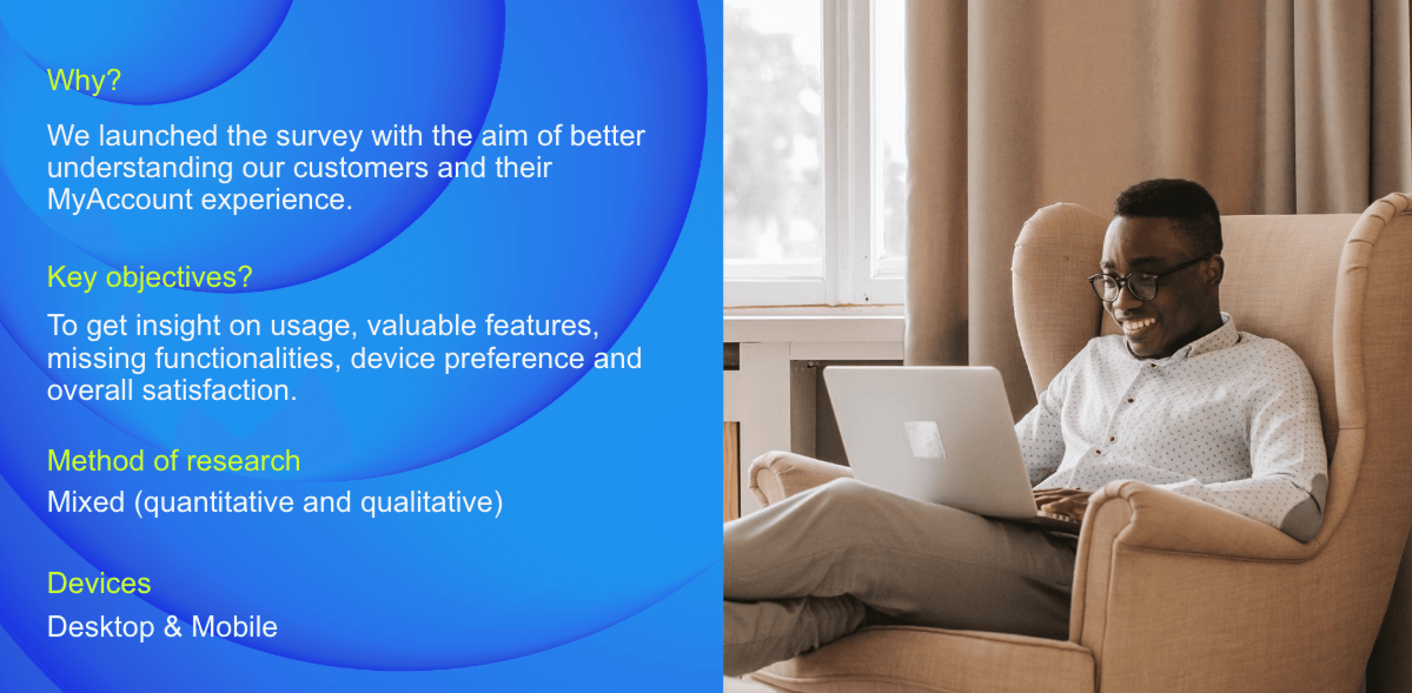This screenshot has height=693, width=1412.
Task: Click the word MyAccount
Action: point(120,199)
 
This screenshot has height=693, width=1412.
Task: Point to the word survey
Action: point(319,136)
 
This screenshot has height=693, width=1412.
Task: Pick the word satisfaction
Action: point(219,391)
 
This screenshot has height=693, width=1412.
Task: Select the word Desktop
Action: point(101,627)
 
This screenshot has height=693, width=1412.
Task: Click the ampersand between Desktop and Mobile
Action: point(173,627)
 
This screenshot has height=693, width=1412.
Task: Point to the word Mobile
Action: point(234,627)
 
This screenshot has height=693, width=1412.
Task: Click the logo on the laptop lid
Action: point(925,439)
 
